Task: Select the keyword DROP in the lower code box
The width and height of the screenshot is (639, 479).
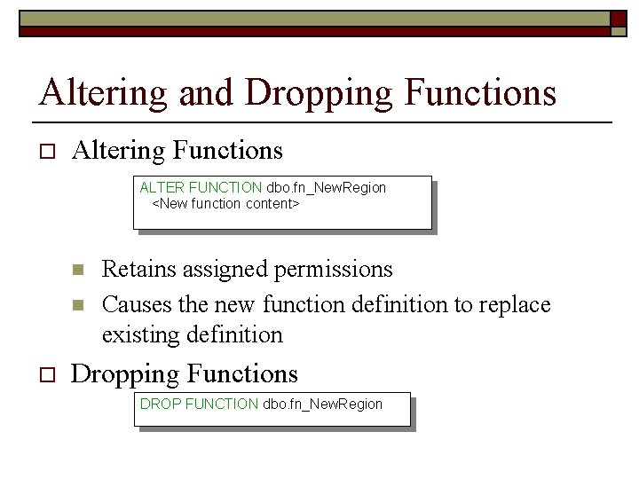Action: [x=161, y=404]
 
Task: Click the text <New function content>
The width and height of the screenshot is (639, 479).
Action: [x=226, y=204]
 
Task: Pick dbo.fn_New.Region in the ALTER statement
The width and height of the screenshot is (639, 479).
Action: [x=327, y=188]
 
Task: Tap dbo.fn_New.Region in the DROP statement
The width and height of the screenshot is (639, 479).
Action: [x=323, y=404]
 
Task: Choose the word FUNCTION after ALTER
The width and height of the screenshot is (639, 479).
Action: [x=225, y=188]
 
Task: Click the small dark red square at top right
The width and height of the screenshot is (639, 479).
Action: [x=619, y=19]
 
